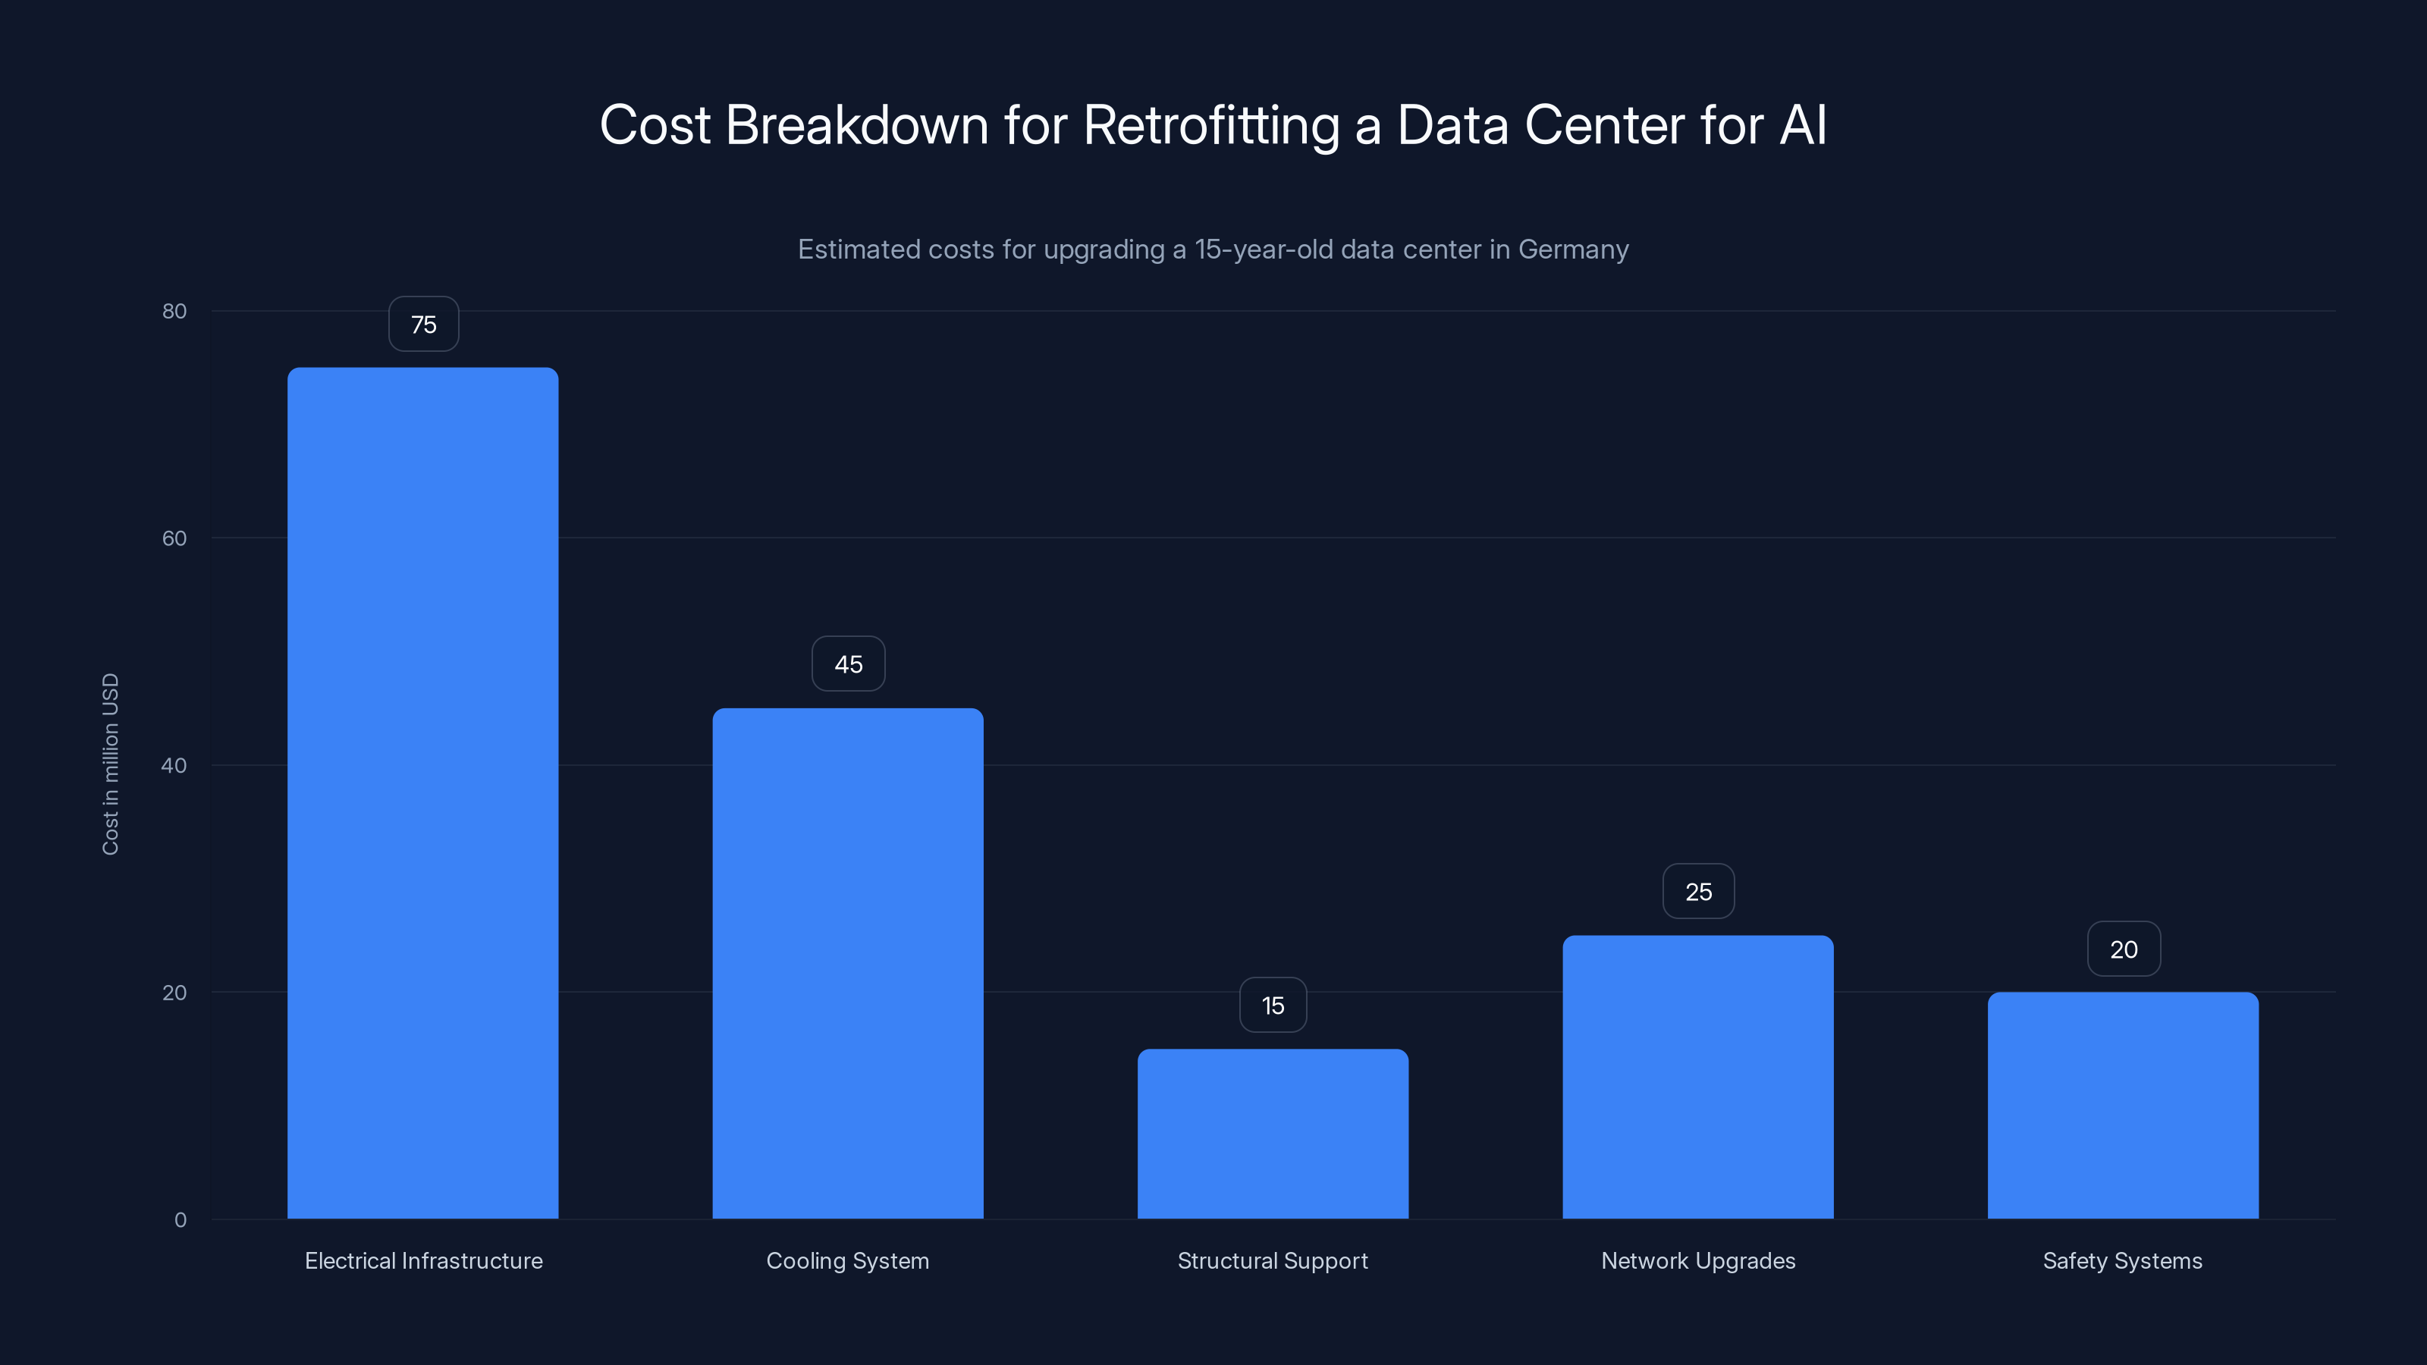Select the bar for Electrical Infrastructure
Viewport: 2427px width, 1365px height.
pyautogui.click(x=423, y=793)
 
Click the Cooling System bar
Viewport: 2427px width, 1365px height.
pyautogui.click(x=848, y=963)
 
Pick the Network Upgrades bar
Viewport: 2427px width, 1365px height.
pyautogui.click(x=1698, y=1077)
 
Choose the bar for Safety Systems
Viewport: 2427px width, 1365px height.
pyautogui.click(x=2123, y=1105)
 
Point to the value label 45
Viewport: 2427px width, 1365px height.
pyautogui.click(x=848, y=664)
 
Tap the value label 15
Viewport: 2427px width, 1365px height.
pyautogui.click(x=1273, y=1005)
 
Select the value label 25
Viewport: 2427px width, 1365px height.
pyautogui.click(x=1698, y=892)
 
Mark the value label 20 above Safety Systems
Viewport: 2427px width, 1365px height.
pyautogui.click(x=2124, y=949)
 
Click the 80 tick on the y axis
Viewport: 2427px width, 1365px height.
pyautogui.click(x=174, y=312)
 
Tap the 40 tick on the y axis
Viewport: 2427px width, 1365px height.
pyautogui.click(x=174, y=766)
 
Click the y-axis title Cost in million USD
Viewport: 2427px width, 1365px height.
pyautogui.click(x=110, y=764)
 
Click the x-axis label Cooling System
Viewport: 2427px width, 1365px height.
pyautogui.click(x=848, y=1260)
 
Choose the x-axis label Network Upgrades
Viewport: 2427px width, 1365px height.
pyautogui.click(x=1698, y=1260)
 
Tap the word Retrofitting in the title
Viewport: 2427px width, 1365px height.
pyautogui.click(x=1210, y=125)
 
